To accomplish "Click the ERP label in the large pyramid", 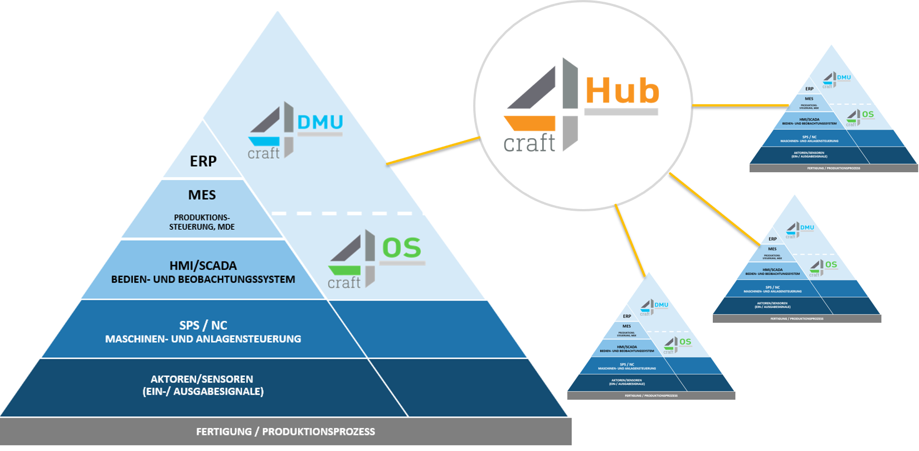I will click(x=203, y=161).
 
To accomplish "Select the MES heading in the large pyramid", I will click(x=202, y=195).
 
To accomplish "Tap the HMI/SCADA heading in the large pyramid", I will click(x=203, y=265).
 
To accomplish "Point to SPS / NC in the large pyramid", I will click(x=203, y=325).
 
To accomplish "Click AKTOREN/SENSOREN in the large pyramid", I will click(x=202, y=379).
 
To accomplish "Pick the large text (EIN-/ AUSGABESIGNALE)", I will click(x=203, y=391).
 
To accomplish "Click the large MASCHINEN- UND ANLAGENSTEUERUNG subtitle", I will click(x=203, y=339).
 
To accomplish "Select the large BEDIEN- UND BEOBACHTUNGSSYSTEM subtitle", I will click(x=203, y=279).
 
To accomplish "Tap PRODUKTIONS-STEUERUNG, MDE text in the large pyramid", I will click(x=202, y=222).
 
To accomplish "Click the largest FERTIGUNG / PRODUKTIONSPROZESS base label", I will click(x=285, y=431).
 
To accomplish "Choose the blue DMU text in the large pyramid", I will click(x=320, y=122).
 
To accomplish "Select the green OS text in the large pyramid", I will click(x=401, y=248).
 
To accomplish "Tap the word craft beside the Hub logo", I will click(x=529, y=143).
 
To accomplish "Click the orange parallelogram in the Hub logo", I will click(x=529, y=123).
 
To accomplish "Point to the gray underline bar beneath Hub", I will click(x=621, y=112).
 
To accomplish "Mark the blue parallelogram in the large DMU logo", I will click(x=264, y=141).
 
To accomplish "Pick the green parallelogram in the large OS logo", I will click(x=344, y=270).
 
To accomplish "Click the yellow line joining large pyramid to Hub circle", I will click(x=434, y=151).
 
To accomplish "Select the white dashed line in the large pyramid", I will click(x=346, y=214).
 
